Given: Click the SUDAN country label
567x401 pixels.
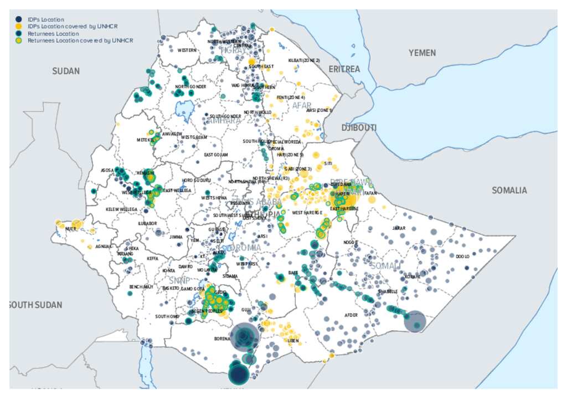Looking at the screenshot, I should click(66, 71).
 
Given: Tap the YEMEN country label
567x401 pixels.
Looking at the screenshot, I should click(422, 53).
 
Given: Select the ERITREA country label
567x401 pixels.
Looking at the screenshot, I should click(344, 69).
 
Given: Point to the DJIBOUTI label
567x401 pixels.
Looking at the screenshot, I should click(359, 128).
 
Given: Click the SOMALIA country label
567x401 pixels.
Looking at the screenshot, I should click(509, 191).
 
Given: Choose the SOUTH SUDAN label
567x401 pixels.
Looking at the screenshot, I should click(35, 305).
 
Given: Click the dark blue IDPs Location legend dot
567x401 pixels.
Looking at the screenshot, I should click(19, 19).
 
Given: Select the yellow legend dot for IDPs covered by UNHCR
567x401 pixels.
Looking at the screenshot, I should click(19, 27).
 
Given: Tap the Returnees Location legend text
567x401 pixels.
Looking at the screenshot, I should click(49, 34).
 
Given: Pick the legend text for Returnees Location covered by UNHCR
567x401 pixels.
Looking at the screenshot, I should click(80, 40).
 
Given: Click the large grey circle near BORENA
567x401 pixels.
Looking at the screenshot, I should click(244, 336).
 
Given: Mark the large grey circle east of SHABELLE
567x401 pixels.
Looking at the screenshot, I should click(415, 321).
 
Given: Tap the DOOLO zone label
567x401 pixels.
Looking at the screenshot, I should click(462, 256).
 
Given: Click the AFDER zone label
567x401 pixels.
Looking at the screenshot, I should click(351, 315).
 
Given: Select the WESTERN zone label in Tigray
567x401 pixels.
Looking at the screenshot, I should click(187, 50).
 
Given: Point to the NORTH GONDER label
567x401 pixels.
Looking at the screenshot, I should click(190, 87).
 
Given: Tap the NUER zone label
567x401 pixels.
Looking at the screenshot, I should click(70, 228).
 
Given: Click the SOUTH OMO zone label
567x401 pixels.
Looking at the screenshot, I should click(167, 317).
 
